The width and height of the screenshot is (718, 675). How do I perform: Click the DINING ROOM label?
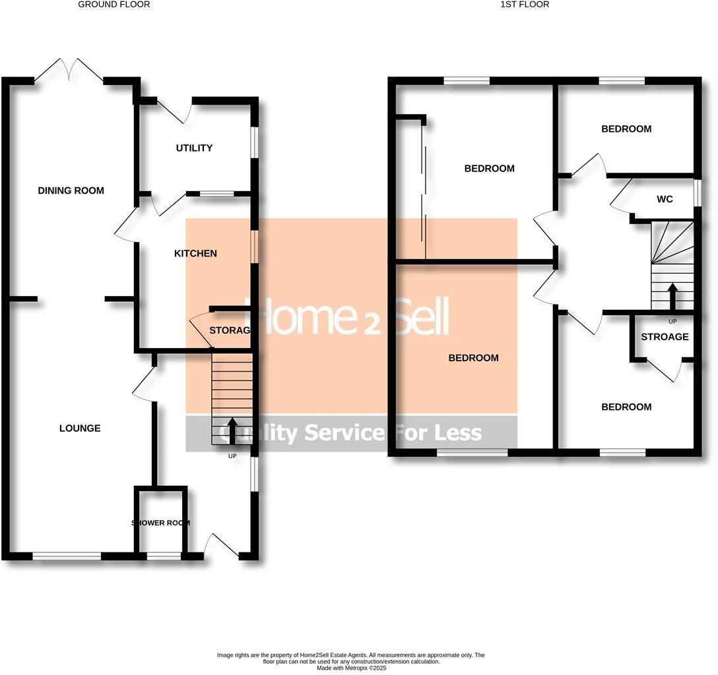71,191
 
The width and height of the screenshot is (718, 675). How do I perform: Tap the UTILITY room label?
194,148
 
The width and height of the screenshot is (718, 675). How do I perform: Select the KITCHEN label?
195,254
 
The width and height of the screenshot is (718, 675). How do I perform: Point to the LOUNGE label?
80,428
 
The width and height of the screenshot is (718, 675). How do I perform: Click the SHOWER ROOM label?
160,523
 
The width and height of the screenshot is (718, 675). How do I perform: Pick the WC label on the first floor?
665,199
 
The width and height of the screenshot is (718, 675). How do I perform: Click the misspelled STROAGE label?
665,337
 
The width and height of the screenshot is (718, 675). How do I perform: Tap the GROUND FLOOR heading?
114,5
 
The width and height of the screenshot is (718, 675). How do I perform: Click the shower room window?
164,557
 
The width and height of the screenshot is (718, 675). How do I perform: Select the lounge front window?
67,557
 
